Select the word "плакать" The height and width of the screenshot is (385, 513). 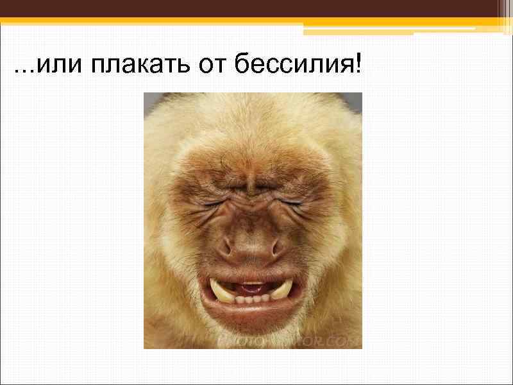(x=128, y=65)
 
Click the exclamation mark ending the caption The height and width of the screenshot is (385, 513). (x=357, y=64)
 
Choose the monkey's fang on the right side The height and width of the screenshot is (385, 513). (x=280, y=290)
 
